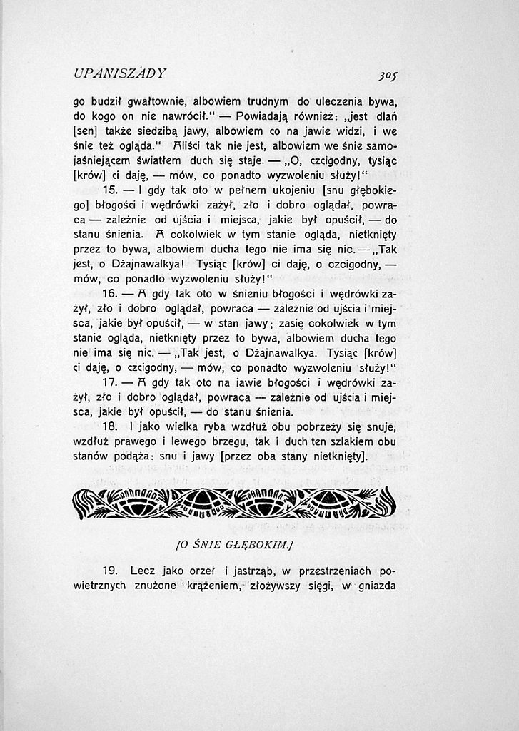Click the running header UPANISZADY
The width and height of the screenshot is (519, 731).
[119, 73]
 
